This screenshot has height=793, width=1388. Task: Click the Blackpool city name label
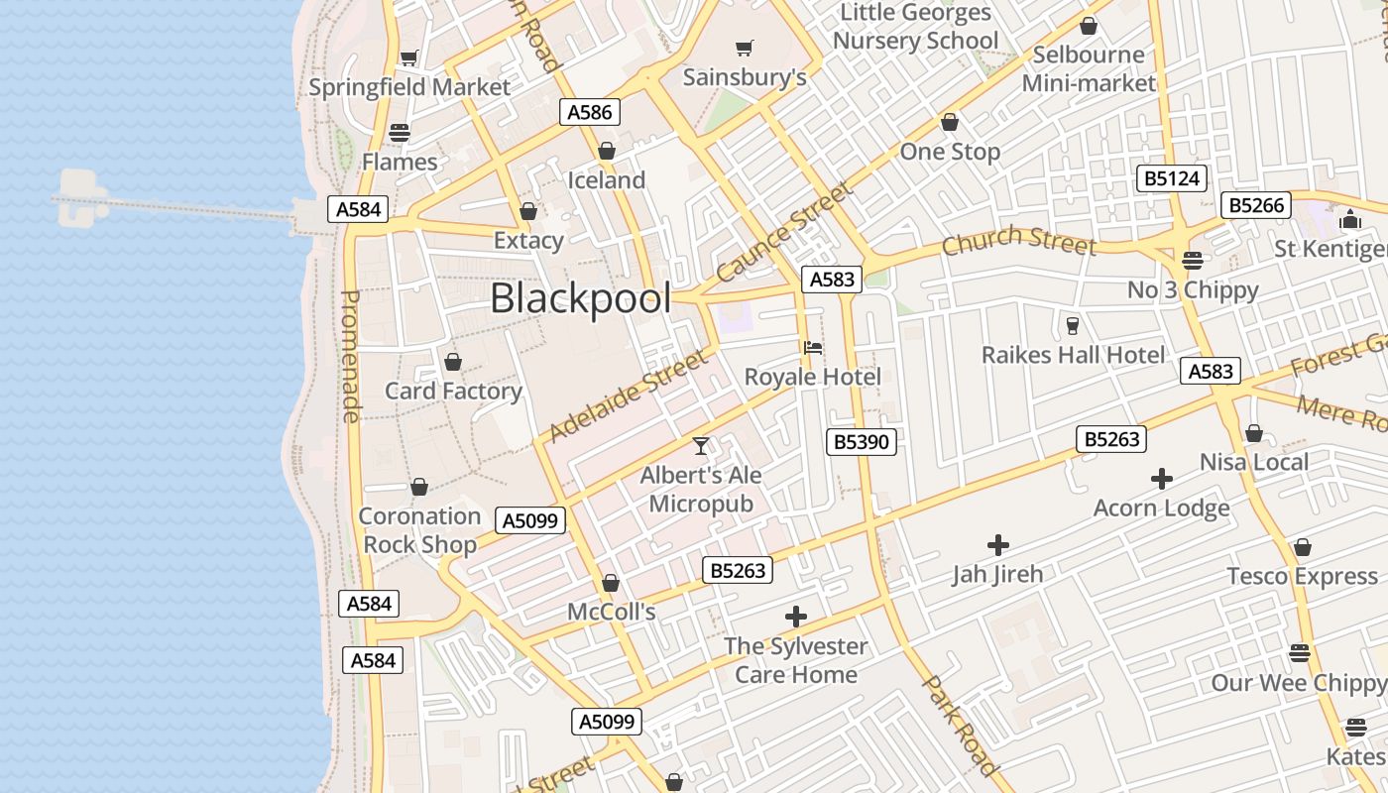[581, 298]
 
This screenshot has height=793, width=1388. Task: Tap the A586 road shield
[590, 112]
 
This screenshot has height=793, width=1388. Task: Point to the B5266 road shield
[1256, 205]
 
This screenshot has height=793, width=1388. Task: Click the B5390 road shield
[861, 441]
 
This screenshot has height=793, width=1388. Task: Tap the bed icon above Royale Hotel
[813, 347]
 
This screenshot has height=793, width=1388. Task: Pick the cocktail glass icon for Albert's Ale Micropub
[701, 446]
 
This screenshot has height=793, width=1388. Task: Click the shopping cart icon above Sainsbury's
[745, 48]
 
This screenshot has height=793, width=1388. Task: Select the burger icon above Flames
[400, 132]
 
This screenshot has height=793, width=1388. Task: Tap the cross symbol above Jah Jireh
[998, 544]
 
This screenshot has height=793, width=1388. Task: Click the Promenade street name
[350, 356]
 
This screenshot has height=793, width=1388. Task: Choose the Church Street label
[1018, 241]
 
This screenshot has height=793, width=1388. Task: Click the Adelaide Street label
[630, 394]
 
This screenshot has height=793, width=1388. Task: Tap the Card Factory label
[453, 391]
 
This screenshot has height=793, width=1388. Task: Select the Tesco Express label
[1302, 576]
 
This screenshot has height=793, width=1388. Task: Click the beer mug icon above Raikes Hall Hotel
[1072, 325]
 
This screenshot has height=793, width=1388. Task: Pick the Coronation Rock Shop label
[418, 529]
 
